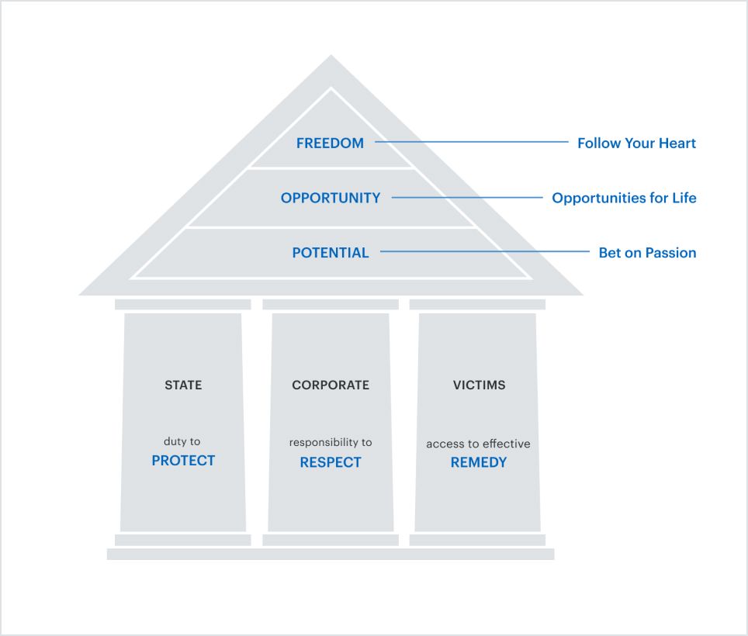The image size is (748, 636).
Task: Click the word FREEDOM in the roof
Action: click(330, 143)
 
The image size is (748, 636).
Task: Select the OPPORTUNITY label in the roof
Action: click(331, 198)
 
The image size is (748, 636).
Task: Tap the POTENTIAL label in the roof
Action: click(331, 253)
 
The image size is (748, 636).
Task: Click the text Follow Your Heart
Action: click(636, 143)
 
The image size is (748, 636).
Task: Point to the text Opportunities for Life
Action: click(624, 198)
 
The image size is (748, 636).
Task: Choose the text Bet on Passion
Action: click(647, 253)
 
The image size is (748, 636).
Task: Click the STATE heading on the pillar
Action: click(183, 385)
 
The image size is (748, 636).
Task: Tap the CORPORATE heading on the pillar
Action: click(331, 385)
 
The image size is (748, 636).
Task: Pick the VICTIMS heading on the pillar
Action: click(479, 385)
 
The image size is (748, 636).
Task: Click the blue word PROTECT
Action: click(183, 461)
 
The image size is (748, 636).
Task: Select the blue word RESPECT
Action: click(331, 462)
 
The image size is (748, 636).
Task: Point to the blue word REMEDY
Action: click(479, 462)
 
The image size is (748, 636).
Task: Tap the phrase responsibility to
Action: click(331, 442)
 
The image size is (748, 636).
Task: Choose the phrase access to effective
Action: click(478, 444)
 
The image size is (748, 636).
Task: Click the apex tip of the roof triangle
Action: click(331, 57)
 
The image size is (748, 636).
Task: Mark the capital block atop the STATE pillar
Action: click(183, 304)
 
